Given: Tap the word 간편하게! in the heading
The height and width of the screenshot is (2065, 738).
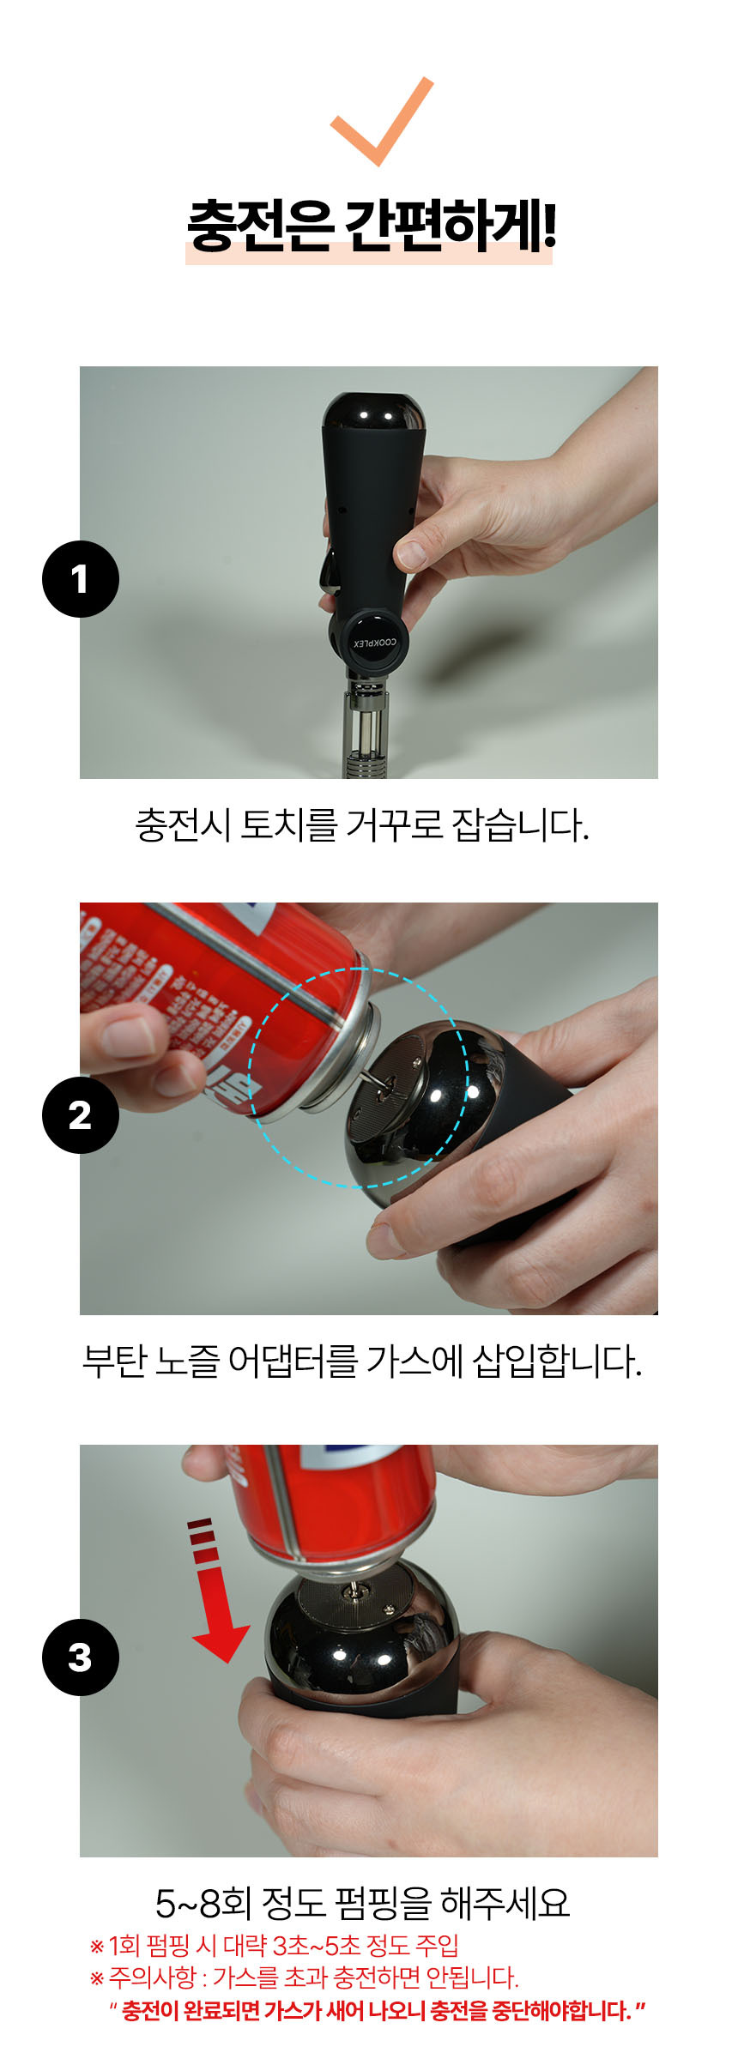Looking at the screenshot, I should pyautogui.click(x=450, y=227).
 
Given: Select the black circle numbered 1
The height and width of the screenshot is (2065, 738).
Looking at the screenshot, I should pyautogui.click(x=80, y=579).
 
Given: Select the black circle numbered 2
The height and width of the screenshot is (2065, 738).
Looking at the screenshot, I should pyautogui.click(x=80, y=1115).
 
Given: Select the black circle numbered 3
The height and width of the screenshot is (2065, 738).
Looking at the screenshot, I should pyautogui.click(x=80, y=1657).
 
